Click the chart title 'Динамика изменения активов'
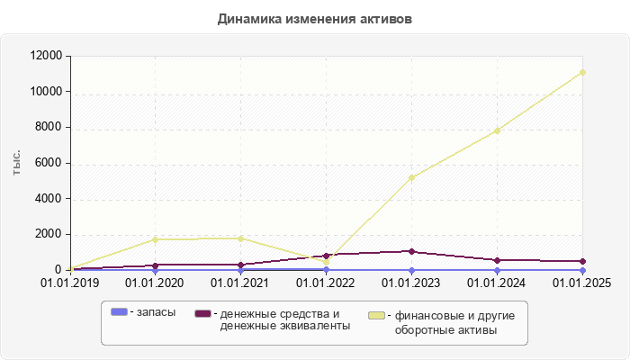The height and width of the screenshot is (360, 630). (x=315, y=19)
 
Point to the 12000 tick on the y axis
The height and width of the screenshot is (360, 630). (x=44, y=56)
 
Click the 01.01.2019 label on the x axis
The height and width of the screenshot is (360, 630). (x=69, y=283)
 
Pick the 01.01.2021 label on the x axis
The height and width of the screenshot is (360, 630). (x=240, y=283)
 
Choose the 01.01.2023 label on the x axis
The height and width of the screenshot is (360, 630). (x=411, y=283)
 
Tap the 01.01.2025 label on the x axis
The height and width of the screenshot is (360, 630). (x=582, y=283)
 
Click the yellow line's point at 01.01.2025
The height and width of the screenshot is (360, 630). (x=582, y=72)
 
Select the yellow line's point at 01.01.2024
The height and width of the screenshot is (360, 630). (x=497, y=130)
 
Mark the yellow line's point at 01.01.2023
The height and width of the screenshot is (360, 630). (x=411, y=177)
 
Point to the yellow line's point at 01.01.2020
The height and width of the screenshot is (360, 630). (x=155, y=239)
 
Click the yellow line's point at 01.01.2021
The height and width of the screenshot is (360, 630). (x=240, y=238)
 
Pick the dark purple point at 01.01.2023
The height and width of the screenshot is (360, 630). (x=411, y=251)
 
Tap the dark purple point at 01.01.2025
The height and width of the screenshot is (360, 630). (x=582, y=261)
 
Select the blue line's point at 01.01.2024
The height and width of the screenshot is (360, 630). (x=497, y=270)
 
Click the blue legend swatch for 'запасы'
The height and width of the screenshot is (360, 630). (x=119, y=312)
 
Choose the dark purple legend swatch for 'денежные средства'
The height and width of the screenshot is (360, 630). (x=203, y=313)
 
